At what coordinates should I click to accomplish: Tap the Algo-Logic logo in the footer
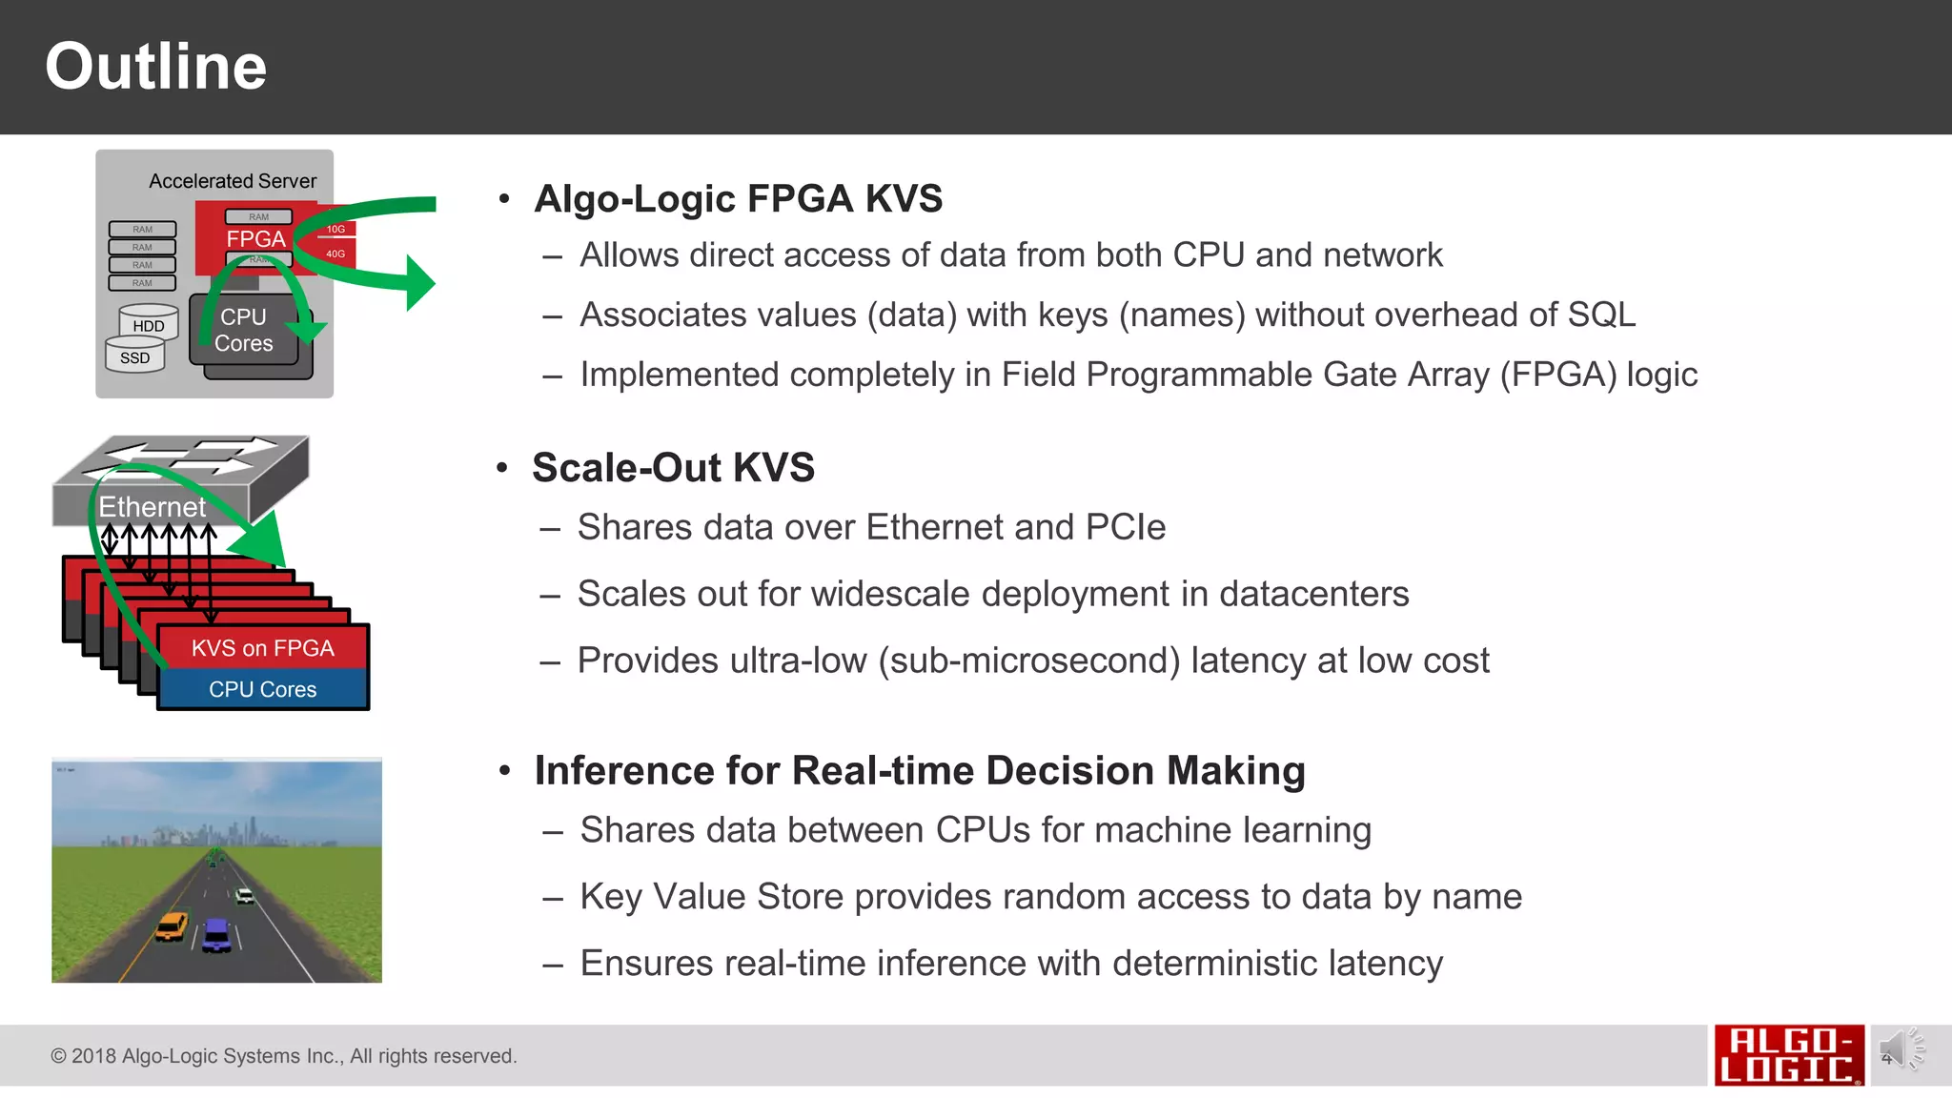coord(1788,1055)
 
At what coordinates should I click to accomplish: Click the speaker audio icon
coord(1898,1050)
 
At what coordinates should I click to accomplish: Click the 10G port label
coord(335,229)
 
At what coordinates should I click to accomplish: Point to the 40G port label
coord(335,254)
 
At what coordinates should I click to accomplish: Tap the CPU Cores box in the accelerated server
coord(244,331)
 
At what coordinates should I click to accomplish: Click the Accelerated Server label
coord(233,181)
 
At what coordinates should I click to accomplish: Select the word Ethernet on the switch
coord(152,507)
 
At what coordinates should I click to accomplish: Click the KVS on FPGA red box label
coord(262,648)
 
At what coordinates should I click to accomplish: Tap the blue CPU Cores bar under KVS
coord(262,689)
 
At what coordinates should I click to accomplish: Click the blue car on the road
coord(217,933)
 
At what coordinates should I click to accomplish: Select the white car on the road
coord(244,895)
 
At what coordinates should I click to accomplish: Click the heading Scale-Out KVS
coord(673,468)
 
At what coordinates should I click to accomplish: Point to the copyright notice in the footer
coord(283,1056)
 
